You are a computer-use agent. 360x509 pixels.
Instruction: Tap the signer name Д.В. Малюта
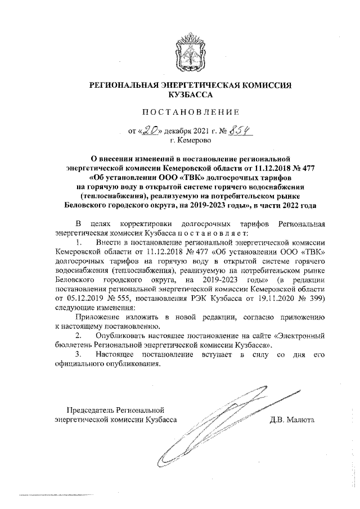click(292, 419)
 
